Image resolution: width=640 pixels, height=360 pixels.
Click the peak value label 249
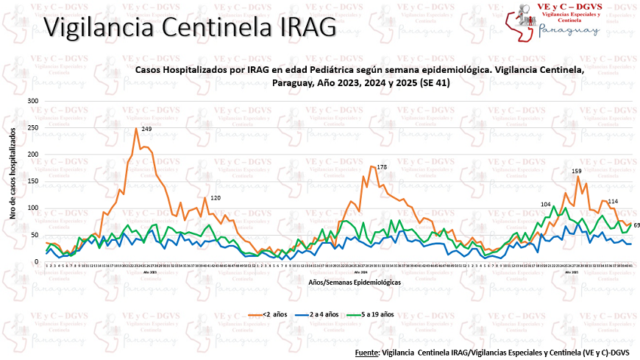[146, 129]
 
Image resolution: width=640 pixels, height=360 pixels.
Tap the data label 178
[381, 168]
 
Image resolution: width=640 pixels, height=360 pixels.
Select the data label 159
[577, 171]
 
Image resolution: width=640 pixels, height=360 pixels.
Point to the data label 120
[216, 198]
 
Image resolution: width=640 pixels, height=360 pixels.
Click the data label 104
[545, 204]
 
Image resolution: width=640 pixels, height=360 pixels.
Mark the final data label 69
[636, 225]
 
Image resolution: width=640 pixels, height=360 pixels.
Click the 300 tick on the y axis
[32, 100]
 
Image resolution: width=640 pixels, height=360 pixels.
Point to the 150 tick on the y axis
[32, 181]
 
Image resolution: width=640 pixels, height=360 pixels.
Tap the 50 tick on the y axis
[35, 235]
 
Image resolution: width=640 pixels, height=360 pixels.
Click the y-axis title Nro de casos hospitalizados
[14, 180]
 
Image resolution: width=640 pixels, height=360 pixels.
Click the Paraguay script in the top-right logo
[569, 30]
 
